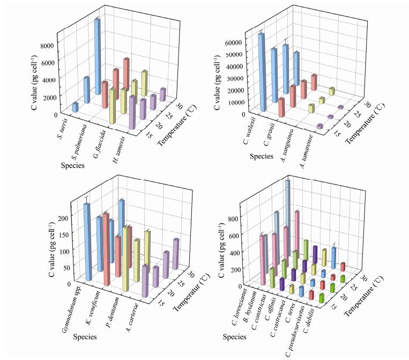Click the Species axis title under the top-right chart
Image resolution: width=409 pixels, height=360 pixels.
255,157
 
